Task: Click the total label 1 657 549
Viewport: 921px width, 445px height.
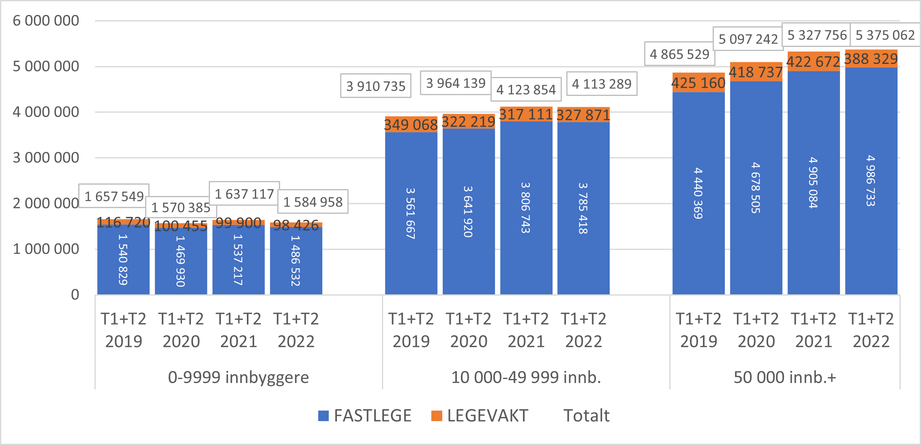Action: point(114,196)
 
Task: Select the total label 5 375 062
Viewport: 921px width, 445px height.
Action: point(885,35)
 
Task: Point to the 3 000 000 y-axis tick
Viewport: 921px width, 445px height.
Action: point(46,158)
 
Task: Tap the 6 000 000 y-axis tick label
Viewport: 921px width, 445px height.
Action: point(46,21)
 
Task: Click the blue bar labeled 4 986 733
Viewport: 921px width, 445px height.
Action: point(871,181)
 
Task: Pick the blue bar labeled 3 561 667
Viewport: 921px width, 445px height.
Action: point(411,213)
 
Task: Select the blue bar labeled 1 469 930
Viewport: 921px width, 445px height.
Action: point(181,261)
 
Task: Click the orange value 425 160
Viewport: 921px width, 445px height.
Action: point(698,83)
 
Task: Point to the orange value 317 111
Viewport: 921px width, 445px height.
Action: point(526,114)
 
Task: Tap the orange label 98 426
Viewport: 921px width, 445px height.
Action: point(296,225)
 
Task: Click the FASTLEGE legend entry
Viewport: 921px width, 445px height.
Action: point(365,416)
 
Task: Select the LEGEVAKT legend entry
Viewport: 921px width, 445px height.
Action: point(480,416)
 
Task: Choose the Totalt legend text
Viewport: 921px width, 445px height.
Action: point(586,416)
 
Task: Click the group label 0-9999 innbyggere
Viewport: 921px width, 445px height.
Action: point(238,377)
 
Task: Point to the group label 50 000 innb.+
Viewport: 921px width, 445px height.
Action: point(784,377)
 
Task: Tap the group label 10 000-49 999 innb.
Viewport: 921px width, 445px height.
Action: point(526,377)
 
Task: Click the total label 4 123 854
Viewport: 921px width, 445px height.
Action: point(526,89)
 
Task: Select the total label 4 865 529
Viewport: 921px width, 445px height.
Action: point(679,54)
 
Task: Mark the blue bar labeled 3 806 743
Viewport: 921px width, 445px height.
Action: point(526,207)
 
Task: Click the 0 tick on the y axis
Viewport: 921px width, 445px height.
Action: point(75,295)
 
